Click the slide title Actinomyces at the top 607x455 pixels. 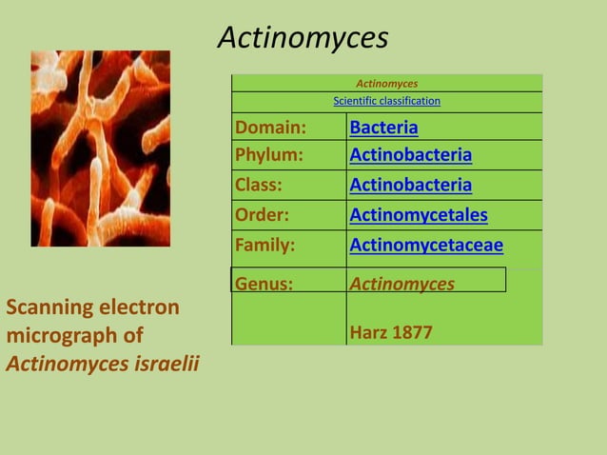pos(303,37)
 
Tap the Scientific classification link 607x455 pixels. pos(386,101)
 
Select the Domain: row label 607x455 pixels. pos(270,128)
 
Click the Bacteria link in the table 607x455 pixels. pos(383,128)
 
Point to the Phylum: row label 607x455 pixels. pos(269,155)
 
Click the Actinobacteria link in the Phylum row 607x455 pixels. pos(410,155)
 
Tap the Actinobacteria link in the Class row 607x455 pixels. pos(410,185)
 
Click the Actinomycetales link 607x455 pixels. pos(419,215)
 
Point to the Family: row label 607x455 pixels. pos(265,246)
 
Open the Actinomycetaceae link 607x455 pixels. pos(426,246)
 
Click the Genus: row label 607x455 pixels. pos(264,283)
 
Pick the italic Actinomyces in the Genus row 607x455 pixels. pos(401,283)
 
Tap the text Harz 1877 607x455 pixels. pos(391,333)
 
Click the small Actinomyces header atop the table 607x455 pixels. pos(386,84)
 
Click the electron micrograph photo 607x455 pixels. pos(100,148)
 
